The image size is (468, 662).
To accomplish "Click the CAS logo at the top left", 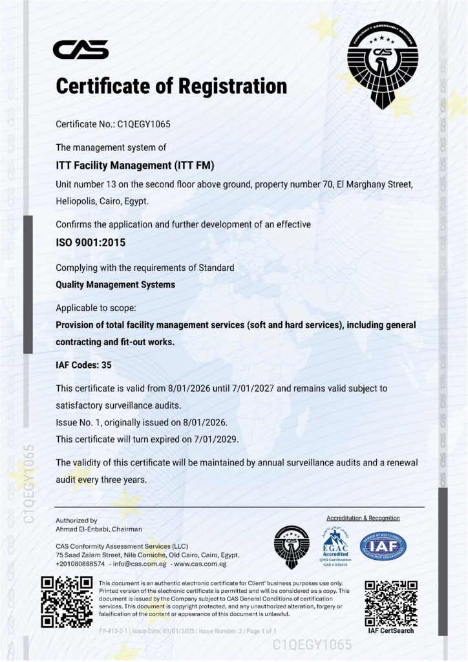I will click(80, 49).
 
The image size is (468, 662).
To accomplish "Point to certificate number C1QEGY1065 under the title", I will click(143, 123).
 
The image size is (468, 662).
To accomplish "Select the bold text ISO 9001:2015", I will click(90, 244).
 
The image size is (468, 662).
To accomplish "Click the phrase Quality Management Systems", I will click(116, 284).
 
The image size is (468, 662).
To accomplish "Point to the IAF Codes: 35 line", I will click(84, 365).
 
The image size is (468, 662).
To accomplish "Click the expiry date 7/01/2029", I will click(214, 439).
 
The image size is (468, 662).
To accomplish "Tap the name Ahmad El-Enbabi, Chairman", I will click(99, 529).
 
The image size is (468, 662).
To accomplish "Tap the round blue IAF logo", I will click(383, 546).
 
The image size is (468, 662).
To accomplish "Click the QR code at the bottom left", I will click(67, 601).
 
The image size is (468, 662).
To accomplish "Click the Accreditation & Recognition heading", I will click(363, 518).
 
